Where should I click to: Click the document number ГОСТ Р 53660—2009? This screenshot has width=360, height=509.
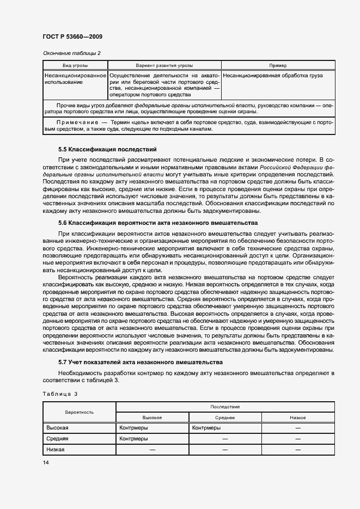point(72,36)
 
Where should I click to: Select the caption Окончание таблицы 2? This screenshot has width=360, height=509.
point(71,53)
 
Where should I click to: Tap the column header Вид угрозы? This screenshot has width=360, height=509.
point(75,65)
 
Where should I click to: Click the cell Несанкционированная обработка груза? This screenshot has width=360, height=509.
point(272,76)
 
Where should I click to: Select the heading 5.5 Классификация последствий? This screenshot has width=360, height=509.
point(107,149)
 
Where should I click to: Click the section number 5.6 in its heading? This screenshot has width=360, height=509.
point(63,223)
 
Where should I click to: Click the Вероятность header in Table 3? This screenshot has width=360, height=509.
point(79,412)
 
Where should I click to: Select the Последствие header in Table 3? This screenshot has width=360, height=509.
point(225,407)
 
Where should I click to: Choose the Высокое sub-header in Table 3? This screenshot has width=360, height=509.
point(152,418)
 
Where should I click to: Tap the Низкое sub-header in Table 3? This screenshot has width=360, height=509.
point(297,418)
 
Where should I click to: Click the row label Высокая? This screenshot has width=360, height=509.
point(57,428)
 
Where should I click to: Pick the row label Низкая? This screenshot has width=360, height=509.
point(56,450)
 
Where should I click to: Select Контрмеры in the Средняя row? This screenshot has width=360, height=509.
point(133,439)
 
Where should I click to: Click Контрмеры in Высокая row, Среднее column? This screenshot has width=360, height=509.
point(206,428)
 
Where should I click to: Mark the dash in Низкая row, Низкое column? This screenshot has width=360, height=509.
point(297,450)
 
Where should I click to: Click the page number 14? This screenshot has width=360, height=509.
point(46,463)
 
